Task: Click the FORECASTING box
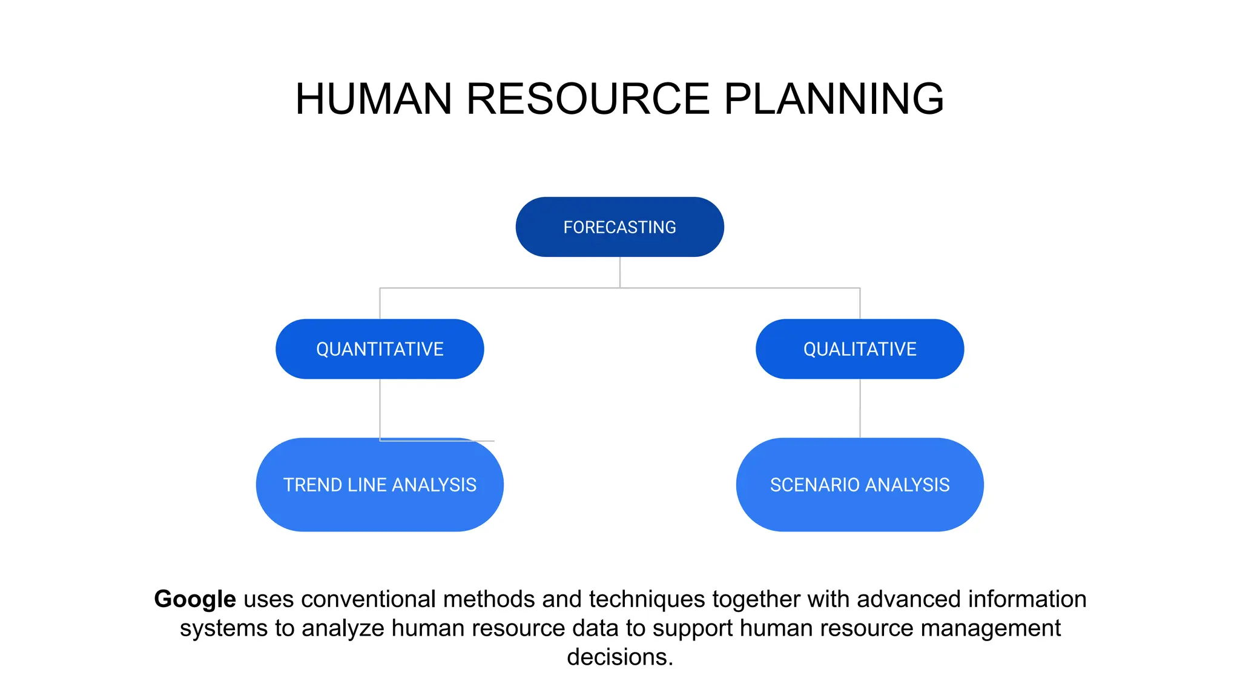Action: click(619, 227)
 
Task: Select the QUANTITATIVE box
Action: click(380, 349)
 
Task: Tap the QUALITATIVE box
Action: click(860, 349)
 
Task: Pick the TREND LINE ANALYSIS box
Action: click(380, 485)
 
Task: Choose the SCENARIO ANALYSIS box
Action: click(860, 485)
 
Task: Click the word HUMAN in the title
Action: click(374, 99)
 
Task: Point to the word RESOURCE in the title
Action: click(587, 99)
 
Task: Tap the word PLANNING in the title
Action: click(834, 99)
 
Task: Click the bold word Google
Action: click(194, 599)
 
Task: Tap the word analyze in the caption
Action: click(343, 628)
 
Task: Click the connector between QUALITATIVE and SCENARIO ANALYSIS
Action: click(860, 408)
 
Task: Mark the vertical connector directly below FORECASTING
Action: click(619, 272)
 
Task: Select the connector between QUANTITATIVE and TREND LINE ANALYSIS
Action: click(380, 408)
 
